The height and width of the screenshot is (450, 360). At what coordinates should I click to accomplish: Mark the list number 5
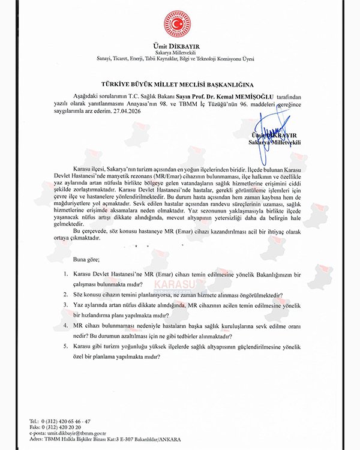coord(67,346)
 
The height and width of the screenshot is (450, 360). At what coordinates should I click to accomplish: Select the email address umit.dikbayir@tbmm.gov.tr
coord(76,432)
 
